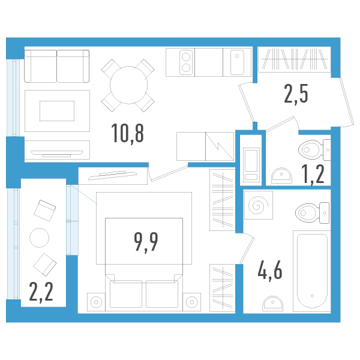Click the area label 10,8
point(127,133)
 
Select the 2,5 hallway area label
point(296,94)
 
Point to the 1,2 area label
point(312,173)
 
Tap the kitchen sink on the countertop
point(237,62)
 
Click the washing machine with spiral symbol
point(259,205)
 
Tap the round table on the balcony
point(40,237)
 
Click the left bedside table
point(96,302)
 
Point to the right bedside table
point(192,302)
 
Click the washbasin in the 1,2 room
point(280,175)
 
